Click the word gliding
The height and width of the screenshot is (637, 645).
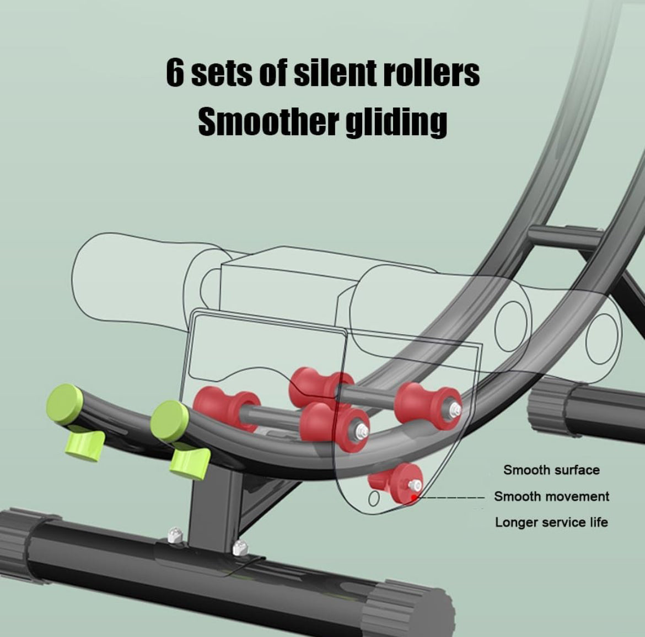tap(396, 122)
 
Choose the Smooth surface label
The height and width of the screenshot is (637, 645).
tap(551, 470)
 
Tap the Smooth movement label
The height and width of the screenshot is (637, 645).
tap(551, 496)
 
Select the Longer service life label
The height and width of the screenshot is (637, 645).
tap(551, 522)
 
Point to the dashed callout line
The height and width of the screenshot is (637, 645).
tap(452, 497)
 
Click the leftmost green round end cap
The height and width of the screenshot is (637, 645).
tap(66, 404)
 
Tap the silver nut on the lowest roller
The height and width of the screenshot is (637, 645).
tap(415, 485)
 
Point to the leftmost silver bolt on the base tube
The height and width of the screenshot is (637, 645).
tap(175, 534)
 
